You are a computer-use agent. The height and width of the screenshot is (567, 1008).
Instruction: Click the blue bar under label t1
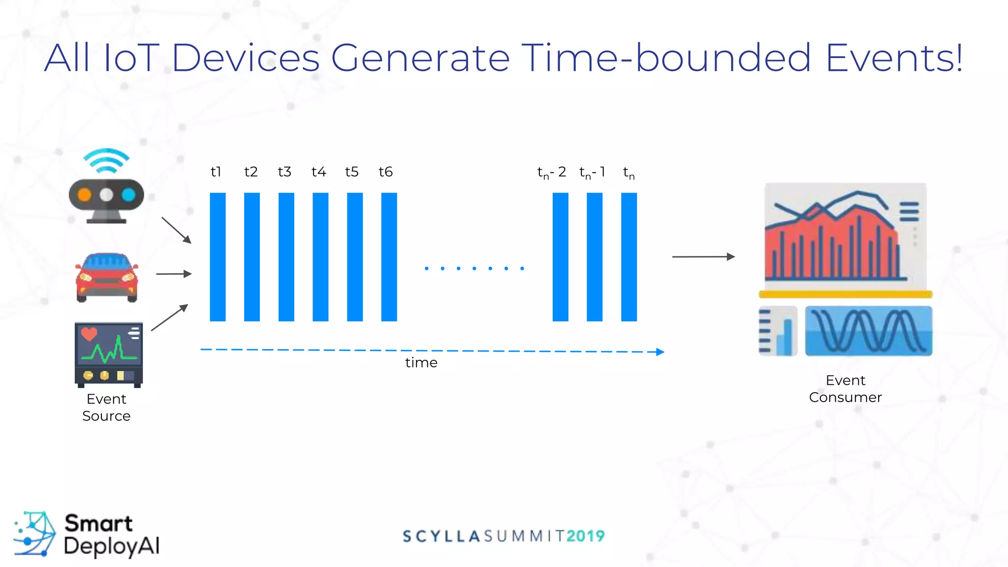pyautogui.click(x=218, y=256)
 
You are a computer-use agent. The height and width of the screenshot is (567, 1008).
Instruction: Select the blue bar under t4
pyautogui.click(x=320, y=256)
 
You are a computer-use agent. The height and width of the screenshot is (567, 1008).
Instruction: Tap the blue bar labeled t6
pyautogui.click(x=389, y=256)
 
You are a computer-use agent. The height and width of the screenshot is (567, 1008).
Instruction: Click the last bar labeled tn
pyautogui.click(x=629, y=256)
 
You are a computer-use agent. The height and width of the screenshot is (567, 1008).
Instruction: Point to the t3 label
pyautogui.click(x=284, y=172)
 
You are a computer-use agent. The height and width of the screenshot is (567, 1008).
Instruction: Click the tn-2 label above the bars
pyautogui.click(x=551, y=172)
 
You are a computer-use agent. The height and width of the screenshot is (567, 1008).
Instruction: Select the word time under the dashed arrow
pyautogui.click(x=421, y=363)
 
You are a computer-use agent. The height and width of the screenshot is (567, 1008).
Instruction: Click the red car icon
pyautogui.click(x=107, y=277)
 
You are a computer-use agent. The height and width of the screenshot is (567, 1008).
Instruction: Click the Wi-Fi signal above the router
pyautogui.click(x=106, y=160)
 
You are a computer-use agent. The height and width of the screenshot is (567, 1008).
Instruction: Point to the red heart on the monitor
pyautogui.click(x=89, y=334)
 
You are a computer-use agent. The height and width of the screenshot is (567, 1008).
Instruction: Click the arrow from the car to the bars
pyautogui.click(x=174, y=274)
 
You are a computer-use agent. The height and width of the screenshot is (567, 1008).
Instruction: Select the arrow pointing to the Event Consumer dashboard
pyautogui.click(x=703, y=256)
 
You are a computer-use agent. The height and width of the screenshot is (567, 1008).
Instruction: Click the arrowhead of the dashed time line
pyautogui.click(x=660, y=351)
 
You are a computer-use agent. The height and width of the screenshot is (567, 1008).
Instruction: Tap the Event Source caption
pyautogui.click(x=106, y=407)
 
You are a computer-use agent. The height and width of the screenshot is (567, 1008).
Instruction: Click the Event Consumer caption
pyautogui.click(x=845, y=388)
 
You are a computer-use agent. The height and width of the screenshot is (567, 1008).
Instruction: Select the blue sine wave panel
pyautogui.click(x=868, y=331)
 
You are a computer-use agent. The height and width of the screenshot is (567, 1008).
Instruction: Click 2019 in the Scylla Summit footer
pyautogui.click(x=585, y=536)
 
